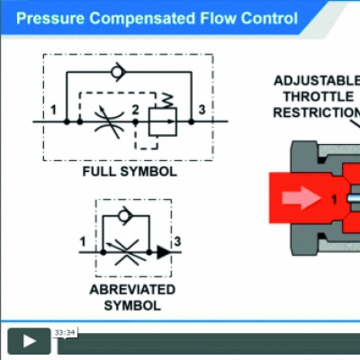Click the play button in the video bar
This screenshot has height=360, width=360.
coord(29,341)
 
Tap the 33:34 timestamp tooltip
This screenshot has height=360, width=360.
coord(65,333)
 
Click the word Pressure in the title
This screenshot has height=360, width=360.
coord(50,18)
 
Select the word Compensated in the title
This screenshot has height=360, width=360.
coord(142,19)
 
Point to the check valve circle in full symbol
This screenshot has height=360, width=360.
coord(117,72)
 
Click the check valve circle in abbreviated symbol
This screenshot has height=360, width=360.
coord(124,215)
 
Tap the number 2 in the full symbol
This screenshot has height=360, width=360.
coord(136,110)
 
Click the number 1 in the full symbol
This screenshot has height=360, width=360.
coord(53,110)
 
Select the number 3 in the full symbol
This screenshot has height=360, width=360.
coord(202,110)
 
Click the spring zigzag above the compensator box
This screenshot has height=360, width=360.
coord(166,101)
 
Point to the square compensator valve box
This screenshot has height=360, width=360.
coord(163,121)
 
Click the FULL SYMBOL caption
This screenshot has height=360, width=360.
coord(130,172)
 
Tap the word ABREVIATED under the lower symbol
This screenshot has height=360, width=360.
coord(132,290)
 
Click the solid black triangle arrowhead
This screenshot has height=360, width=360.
coord(164,253)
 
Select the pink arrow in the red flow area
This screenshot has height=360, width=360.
coord(301,198)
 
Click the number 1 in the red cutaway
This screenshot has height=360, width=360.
coord(334,200)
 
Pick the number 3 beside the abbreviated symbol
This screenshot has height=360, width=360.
coord(177,241)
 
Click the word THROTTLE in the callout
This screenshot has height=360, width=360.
coord(319,97)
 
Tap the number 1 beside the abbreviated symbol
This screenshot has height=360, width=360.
coord(83,242)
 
